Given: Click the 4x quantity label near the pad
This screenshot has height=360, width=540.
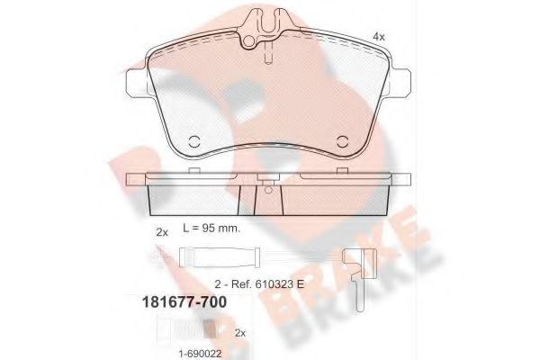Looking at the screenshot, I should (x=379, y=36).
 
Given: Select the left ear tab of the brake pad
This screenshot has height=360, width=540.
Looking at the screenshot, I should (x=132, y=84).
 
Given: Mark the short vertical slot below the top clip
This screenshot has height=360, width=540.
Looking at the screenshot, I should (x=268, y=57).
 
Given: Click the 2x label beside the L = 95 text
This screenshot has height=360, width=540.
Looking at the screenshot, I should (x=162, y=232).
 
